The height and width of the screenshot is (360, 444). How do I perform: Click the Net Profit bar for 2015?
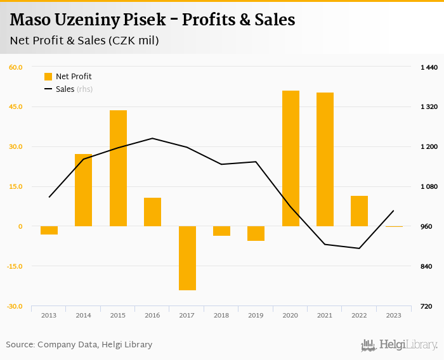click(118, 168)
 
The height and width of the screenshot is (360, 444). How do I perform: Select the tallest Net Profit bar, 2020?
click(291, 158)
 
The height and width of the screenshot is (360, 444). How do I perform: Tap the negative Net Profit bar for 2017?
click(187, 258)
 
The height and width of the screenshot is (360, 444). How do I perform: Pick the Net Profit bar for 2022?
click(359, 211)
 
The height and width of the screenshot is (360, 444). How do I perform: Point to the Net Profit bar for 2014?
click(84, 190)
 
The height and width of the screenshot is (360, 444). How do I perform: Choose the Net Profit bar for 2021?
click(325, 159)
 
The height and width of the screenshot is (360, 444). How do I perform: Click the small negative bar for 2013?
click(49, 230)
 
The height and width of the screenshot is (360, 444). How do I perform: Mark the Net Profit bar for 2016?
click(152, 212)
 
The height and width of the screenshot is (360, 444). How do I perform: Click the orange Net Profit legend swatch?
click(48, 77)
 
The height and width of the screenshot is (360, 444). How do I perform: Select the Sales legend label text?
click(65, 89)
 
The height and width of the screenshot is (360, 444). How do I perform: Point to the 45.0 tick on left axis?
click(15, 106)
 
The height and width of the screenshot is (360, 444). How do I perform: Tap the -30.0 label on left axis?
click(15, 307)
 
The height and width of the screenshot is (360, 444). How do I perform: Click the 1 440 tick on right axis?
click(429, 67)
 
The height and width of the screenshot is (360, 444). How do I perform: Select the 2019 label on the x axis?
click(256, 315)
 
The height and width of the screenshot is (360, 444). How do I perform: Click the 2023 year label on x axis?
click(393, 315)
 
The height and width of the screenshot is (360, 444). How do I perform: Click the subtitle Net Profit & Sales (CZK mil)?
click(84, 41)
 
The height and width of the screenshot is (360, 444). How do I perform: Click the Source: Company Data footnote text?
click(79, 345)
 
